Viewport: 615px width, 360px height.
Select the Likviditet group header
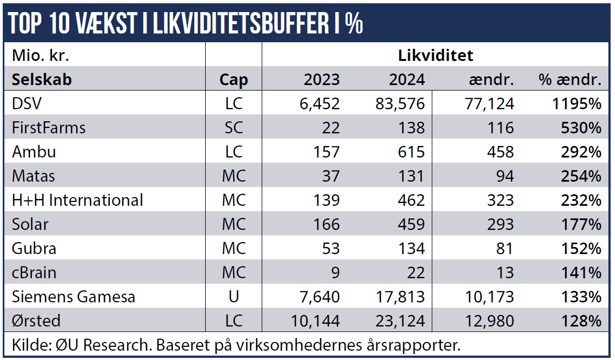(435, 55)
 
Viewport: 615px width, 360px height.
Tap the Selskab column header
(42, 79)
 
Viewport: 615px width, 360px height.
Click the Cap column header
(233, 80)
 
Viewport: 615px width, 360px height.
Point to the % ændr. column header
(570, 80)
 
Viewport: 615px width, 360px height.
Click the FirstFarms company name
(49, 127)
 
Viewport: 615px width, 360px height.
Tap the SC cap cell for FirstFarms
(233, 127)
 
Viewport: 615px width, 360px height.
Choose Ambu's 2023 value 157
(326, 151)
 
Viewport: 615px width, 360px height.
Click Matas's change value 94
(503, 176)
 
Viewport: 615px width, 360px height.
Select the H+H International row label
(77, 200)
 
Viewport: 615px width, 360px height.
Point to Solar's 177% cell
(581, 224)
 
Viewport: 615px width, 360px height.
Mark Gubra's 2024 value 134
(411, 248)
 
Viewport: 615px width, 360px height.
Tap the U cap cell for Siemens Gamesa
(233, 296)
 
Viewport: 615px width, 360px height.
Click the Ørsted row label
(36, 320)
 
